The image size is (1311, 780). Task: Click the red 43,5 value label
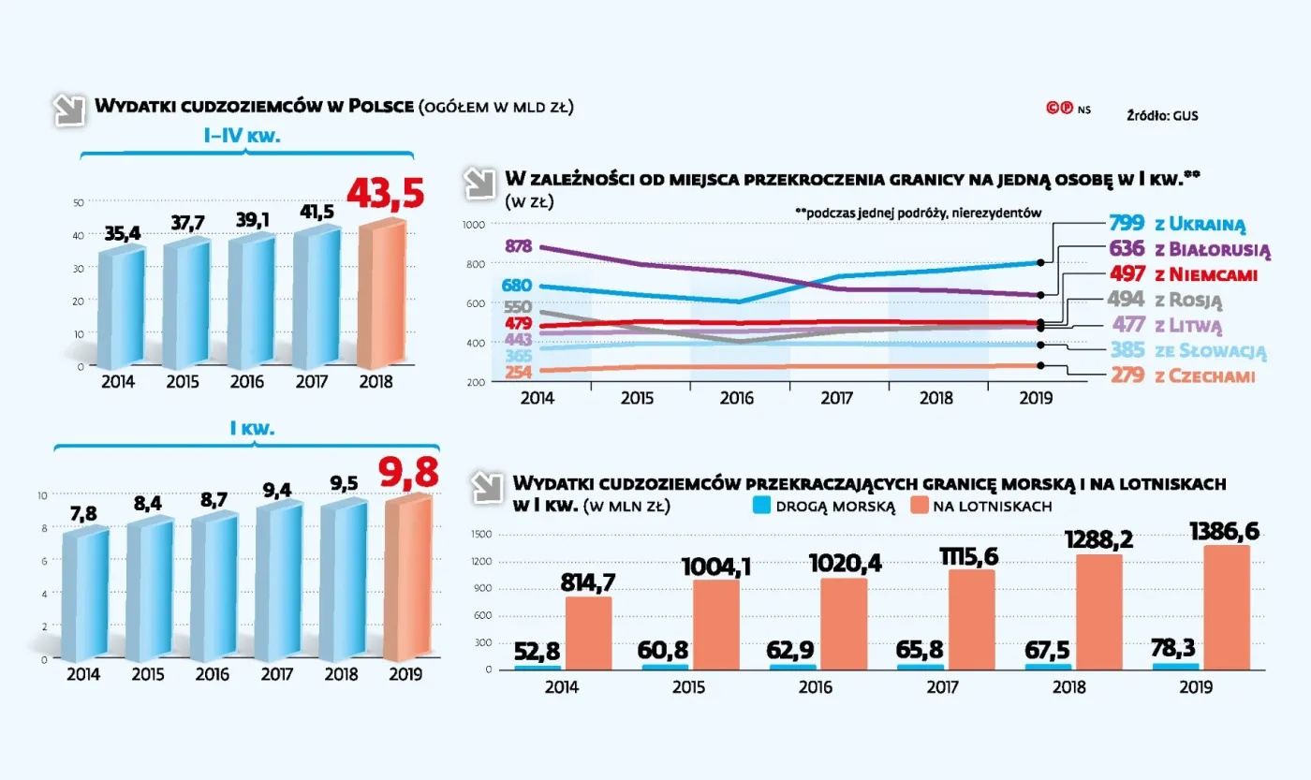[385, 193]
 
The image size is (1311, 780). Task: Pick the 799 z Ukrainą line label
[1176, 224]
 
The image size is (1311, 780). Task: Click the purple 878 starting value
[518, 247]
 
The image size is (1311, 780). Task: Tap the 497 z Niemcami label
[1182, 274]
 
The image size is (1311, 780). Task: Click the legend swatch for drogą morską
[761, 507]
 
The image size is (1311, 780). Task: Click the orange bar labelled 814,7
[589, 632]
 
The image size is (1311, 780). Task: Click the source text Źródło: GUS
[1162, 116]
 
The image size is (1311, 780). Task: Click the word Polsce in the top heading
[380, 106]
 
